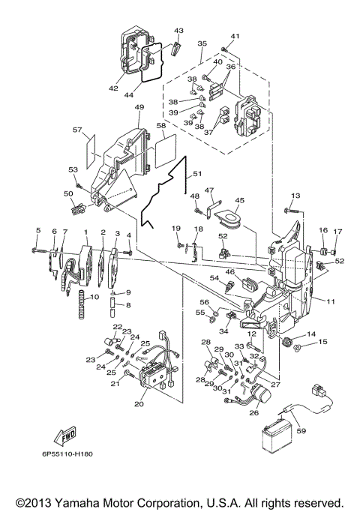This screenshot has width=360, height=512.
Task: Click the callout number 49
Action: tap(139, 107)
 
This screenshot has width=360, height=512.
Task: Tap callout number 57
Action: tap(76, 130)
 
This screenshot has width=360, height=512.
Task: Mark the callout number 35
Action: tap(201, 44)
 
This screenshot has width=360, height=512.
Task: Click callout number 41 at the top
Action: tap(235, 36)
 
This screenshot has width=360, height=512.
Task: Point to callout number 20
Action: tap(139, 403)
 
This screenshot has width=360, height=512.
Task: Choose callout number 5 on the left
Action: tap(37, 229)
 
